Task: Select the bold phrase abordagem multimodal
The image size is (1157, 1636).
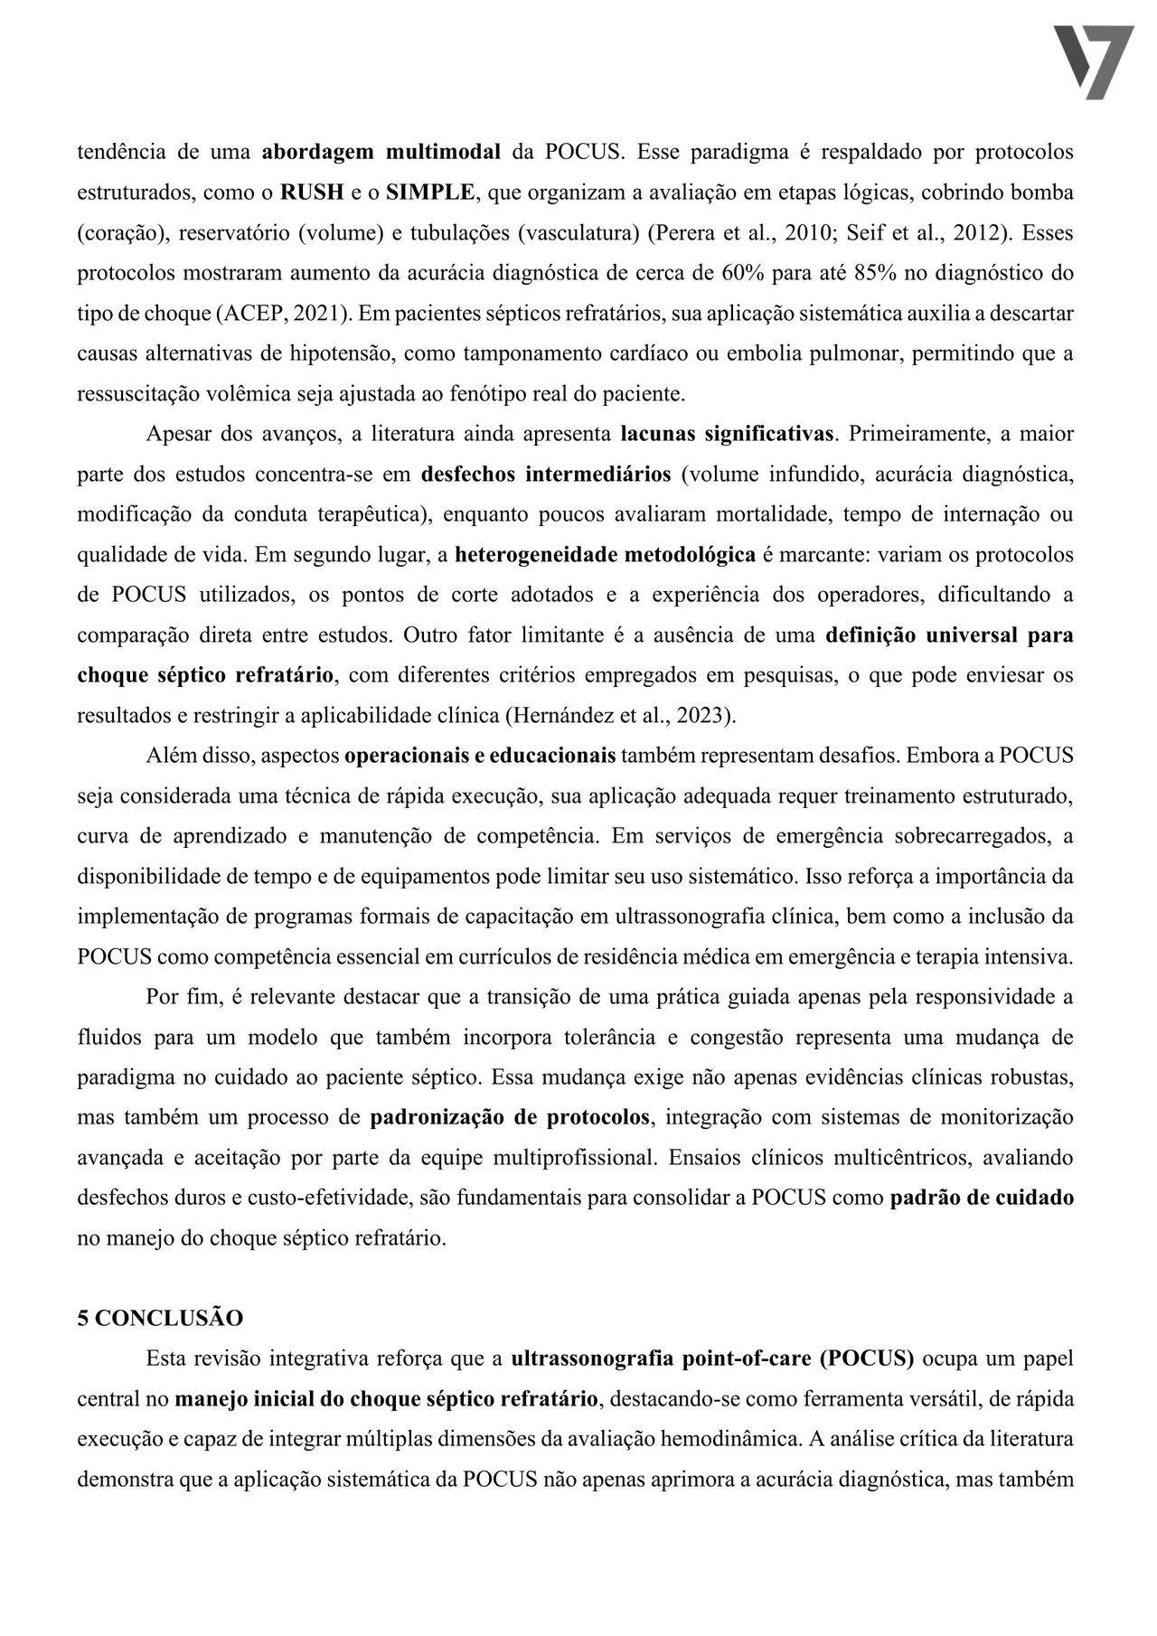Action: [x=381, y=152]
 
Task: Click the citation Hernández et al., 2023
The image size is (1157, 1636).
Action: [x=620, y=716]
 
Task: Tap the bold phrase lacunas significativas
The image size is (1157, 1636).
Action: [x=727, y=434]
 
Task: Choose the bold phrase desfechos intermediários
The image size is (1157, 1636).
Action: [x=546, y=475]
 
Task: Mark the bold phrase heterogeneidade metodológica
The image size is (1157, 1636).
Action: [x=605, y=555]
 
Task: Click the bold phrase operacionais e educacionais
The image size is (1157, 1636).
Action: [x=480, y=756]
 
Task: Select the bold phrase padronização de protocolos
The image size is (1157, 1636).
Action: [x=510, y=1117]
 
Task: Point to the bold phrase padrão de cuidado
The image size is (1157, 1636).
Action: [x=983, y=1199]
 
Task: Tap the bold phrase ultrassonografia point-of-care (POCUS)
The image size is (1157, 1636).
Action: [x=712, y=1359]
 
